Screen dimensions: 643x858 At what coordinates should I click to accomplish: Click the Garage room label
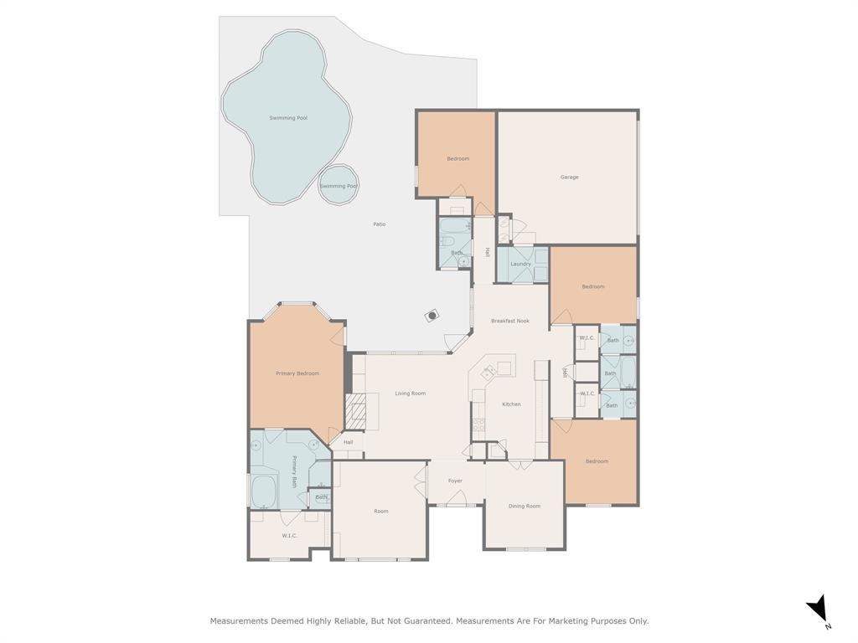click(x=569, y=177)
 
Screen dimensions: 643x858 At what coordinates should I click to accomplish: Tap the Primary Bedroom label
click(x=297, y=373)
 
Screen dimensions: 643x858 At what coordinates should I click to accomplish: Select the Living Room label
click(x=411, y=394)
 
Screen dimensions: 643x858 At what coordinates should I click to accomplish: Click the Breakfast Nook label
click(x=510, y=321)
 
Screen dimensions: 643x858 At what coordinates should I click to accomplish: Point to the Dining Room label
click(x=525, y=507)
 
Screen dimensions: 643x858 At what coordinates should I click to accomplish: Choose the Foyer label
click(x=455, y=481)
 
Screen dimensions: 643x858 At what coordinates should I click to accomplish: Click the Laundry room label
click(x=520, y=265)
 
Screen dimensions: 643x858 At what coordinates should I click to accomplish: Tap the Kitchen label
click(x=511, y=404)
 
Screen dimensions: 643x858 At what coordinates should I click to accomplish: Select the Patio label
click(x=380, y=224)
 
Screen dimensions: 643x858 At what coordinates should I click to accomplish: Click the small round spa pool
click(x=339, y=186)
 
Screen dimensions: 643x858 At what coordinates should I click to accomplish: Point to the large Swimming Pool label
click(x=288, y=118)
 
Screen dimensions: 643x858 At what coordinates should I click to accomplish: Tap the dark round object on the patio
click(x=432, y=316)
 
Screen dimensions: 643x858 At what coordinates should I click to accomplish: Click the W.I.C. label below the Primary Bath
click(x=289, y=536)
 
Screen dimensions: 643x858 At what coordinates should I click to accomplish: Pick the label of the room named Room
click(x=381, y=512)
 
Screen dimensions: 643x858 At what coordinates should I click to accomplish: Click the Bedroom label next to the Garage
click(x=457, y=159)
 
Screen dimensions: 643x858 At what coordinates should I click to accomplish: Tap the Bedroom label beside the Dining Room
click(x=597, y=461)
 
